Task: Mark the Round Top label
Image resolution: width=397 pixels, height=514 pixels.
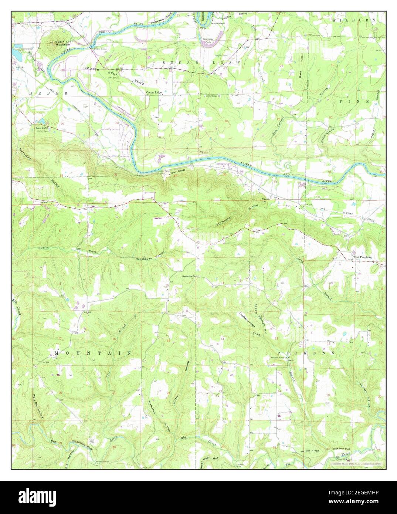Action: tap(264, 201)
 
